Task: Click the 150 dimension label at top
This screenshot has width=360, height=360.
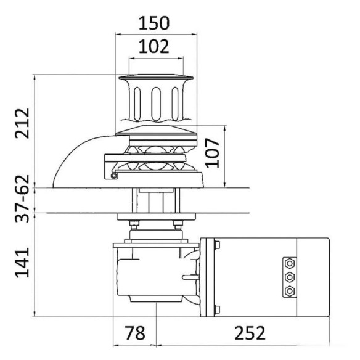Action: click(x=154, y=23)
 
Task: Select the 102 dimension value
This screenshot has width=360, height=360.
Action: click(x=154, y=47)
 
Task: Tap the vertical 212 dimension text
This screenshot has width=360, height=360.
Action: click(x=22, y=123)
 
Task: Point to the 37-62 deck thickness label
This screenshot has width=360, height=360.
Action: click(x=22, y=198)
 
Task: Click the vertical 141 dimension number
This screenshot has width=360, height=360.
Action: click(x=22, y=263)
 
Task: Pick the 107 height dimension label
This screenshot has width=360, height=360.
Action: click(x=213, y=153)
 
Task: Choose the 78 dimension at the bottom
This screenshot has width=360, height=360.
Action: click(x=135, y=333)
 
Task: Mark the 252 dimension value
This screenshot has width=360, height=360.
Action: click(x=250, y=333)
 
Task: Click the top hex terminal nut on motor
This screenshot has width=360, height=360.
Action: click(x=290, y=263)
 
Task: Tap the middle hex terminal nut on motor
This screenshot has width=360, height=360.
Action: click(x=290, y=277)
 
